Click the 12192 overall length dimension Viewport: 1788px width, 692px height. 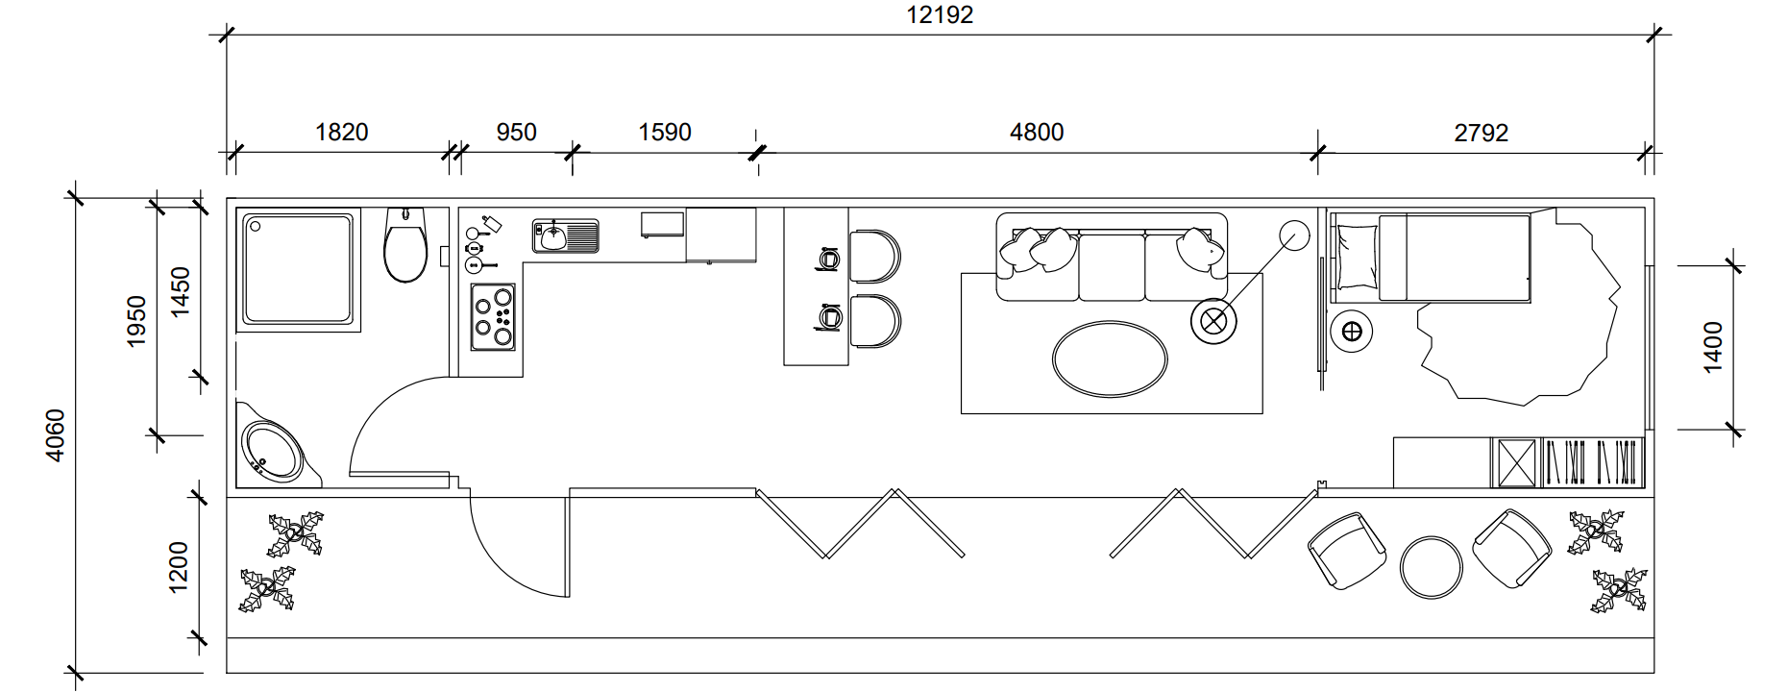coord(940,15)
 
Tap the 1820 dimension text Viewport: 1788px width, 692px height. coord(341,132)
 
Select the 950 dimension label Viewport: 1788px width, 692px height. coord(516,132)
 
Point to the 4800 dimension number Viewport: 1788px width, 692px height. coord(1037,132)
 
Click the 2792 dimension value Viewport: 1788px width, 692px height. coord(1481,133)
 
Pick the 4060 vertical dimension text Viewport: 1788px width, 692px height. coord(56,435)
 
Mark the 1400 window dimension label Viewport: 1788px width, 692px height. coord(1712,347)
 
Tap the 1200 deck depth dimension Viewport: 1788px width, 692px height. coord(179,567)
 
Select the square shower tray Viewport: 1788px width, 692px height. coord(298,269)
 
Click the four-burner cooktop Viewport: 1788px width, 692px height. coord(492,316)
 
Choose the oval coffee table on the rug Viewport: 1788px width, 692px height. coord(1110,358)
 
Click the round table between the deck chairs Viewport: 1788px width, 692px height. coord(1431,567)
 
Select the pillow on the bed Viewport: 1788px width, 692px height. coord(1357,257)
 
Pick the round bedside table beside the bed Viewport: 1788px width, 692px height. coord(1351,333)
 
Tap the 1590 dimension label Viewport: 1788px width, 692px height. coord(665,132)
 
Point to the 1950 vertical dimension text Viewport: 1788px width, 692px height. coord(136,321)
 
